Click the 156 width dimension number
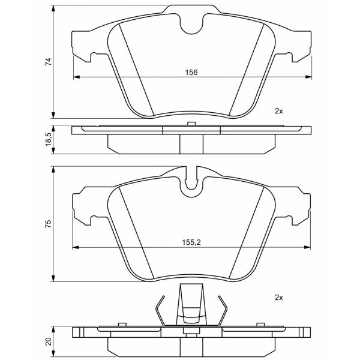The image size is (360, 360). (191, 73)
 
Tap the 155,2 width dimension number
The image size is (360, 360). (191, 242)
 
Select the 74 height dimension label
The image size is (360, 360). (49, 62)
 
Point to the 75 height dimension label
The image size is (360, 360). (49, 224)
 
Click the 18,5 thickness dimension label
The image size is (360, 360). (49, 139)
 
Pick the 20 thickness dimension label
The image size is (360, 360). (49, 341)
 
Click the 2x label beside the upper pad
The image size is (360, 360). (279, 111)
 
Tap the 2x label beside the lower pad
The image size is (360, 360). (279, 298)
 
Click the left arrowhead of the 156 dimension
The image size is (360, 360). (76, 77)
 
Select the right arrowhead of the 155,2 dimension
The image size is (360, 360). (307, 247)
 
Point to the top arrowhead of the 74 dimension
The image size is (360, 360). (53, 8)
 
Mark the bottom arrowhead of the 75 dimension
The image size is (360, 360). (53, 278)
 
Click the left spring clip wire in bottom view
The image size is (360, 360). (160, 310)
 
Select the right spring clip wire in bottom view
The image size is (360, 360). (223, 310)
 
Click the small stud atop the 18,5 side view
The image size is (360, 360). (191, 124)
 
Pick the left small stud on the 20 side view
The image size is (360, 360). (122, 324)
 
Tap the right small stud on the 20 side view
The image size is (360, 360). (260, 324)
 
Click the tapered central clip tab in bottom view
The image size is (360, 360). (191, 304)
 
